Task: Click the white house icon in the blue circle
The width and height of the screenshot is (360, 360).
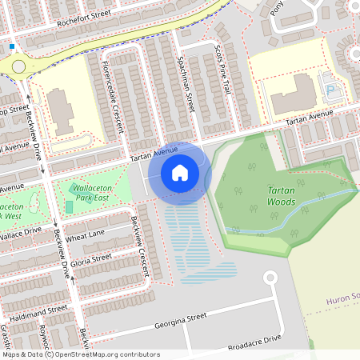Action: [x=180, y=172]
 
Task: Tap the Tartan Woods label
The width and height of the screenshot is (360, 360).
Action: [x=281, y=197]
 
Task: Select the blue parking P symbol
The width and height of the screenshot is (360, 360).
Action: [x=330, y=78]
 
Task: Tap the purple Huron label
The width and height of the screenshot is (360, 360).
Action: [x=342, y=301]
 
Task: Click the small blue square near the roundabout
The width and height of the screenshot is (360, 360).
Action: [x=11, y=46]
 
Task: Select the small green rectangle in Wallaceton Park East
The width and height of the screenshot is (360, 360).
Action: [x=68, y=207]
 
